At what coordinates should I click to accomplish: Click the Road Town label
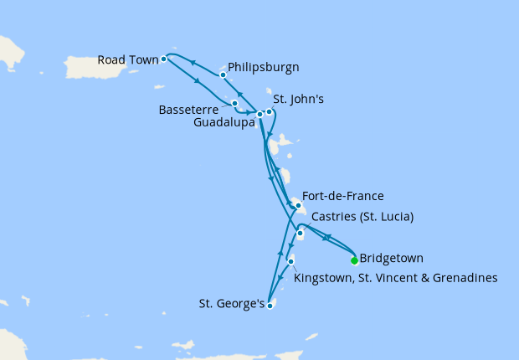126,59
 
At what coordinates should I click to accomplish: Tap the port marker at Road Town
163,59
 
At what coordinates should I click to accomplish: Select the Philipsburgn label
264,67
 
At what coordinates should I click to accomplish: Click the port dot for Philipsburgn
223,75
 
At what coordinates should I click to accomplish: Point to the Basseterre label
188,109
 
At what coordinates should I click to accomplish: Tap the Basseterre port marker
235,103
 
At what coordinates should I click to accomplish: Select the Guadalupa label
221,121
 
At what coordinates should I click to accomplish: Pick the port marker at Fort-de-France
297,205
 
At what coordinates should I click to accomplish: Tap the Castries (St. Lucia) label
362,216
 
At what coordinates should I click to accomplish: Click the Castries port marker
300,234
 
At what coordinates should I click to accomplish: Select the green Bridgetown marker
354,260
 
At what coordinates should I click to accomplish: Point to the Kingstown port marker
290,262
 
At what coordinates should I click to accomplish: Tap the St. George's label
231,302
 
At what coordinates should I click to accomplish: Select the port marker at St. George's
270,306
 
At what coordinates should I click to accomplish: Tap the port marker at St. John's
269,111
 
